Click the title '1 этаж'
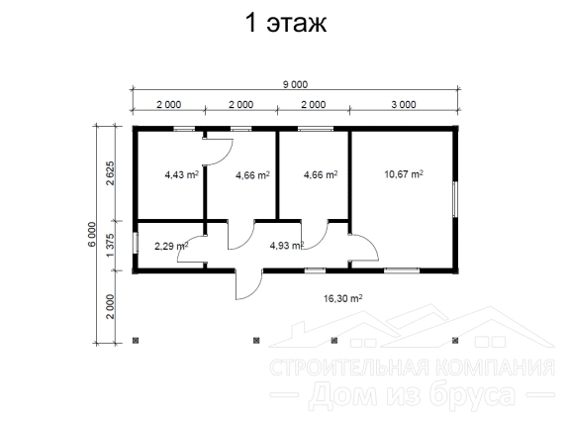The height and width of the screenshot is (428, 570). [286, 23]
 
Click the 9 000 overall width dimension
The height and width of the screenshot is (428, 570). [295, 84]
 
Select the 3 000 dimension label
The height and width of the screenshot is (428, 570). [404, 104]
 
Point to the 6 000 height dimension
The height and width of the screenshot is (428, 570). [92, 234]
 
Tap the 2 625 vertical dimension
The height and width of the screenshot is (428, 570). [110, 173]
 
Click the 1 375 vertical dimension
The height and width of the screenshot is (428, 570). [110, 246]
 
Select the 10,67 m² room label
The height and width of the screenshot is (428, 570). [404, 174]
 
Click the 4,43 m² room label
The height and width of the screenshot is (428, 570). [182, 174]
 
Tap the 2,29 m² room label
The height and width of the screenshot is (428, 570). [171, 246]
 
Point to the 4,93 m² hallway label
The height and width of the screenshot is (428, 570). [286, 246]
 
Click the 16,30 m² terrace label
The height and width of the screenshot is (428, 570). [342, 298]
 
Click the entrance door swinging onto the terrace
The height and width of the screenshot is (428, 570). [248, 284]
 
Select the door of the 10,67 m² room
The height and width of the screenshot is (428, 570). [364, 248]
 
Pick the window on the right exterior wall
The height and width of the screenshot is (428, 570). [455, 199]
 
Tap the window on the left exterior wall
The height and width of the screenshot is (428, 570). [136, 243]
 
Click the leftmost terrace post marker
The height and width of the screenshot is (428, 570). [136, 341]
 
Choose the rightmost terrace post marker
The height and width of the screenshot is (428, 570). [455, 341]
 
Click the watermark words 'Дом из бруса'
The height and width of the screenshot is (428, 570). [413, 395]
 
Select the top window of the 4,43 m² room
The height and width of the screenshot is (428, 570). [184, 129]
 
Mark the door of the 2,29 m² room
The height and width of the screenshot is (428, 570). [192, 249]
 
